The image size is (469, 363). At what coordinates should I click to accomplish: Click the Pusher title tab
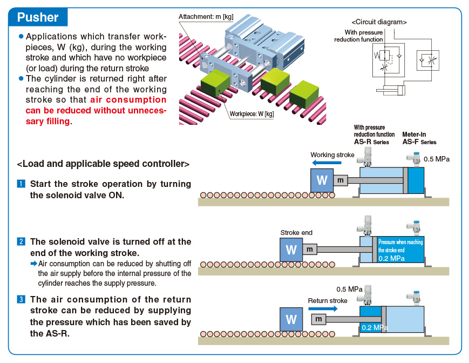pos(38,17)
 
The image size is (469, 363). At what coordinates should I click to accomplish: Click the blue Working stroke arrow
pos(327,163)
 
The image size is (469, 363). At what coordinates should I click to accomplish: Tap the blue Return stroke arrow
pos(323,308)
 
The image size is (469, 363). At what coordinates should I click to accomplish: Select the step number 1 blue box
pos(21,184)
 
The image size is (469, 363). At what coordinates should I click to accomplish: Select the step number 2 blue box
pos(21,241)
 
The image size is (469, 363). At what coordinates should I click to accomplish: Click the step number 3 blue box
pos(21,299)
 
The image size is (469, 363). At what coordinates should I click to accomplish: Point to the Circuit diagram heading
pos(379,22)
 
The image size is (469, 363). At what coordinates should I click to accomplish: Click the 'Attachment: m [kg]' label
pos(206,17)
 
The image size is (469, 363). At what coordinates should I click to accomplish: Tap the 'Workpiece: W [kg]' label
pos(252,114)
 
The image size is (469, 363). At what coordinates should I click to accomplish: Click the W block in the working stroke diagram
pos(322,180)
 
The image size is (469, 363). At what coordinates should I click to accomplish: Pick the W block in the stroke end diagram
pos(291,250)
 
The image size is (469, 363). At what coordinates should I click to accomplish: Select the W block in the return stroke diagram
pos(291,319)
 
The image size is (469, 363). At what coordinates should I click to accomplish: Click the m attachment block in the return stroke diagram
pos(318,319)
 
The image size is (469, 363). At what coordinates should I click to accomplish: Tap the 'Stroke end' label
pos(296,232)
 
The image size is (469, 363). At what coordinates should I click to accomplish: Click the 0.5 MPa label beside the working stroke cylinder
pos(437,159)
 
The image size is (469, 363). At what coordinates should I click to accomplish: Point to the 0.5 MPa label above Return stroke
pos(349,290)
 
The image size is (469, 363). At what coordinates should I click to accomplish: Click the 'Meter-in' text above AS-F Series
pos(414,135)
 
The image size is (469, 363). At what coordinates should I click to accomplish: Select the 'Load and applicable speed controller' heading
pos(103,164)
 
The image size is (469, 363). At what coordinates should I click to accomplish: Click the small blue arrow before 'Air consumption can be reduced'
pos(34,264)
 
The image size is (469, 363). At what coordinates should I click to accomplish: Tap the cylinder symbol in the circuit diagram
pos(391,90)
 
